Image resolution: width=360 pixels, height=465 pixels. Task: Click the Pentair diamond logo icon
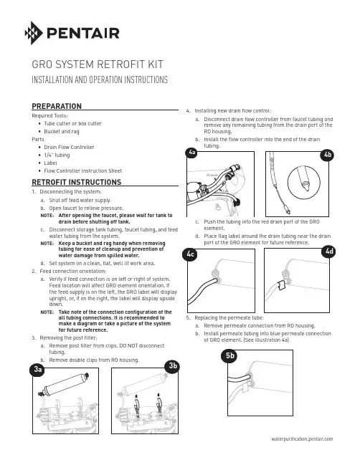(34, 33)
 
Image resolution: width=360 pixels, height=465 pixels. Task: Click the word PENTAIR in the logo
(83, 33)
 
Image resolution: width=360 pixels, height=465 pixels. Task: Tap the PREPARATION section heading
(57, 106)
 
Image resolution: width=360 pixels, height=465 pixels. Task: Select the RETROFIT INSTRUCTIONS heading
(77, 182)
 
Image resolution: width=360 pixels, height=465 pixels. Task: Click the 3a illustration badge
(38, 369)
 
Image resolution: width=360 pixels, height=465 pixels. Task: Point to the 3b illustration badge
(173, 366)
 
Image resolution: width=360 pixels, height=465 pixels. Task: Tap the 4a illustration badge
(191, 153)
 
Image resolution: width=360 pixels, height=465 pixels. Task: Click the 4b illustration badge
(328, 155)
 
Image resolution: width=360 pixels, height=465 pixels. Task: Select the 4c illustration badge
(190, 254)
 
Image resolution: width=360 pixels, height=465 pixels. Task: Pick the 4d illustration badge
(329, 251)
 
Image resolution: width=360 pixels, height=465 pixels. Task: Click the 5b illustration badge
(229, 355)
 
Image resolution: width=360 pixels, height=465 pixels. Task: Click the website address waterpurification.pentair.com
(302, 439)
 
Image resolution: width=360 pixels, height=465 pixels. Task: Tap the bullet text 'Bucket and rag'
(62, 131)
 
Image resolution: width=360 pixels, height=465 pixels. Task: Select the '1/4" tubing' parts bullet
(57, 155)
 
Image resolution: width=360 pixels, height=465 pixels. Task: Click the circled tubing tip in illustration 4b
(304, 182)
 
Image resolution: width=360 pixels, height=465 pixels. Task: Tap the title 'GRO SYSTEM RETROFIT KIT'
(98, 64)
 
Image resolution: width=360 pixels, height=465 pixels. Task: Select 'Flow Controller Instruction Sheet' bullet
(82, 171)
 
